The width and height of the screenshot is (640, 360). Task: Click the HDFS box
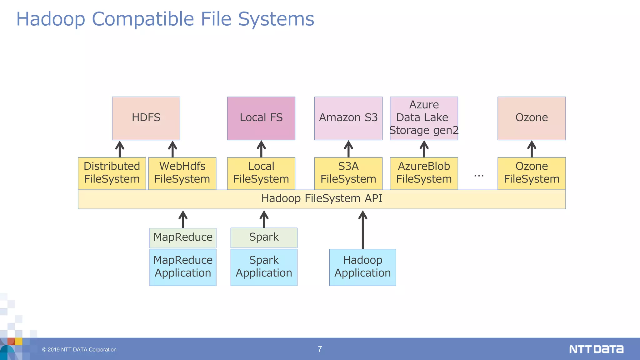146,118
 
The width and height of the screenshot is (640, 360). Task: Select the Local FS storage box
261,118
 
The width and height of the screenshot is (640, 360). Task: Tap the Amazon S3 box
348,118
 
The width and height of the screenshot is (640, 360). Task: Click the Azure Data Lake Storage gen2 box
424,118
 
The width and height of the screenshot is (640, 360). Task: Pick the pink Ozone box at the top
531,118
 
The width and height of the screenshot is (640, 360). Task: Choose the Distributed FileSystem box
112,173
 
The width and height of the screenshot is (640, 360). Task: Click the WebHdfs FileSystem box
182,173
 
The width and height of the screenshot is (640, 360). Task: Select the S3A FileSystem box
348,173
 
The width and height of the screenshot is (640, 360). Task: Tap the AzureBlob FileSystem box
424,173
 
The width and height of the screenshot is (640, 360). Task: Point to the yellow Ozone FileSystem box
531,173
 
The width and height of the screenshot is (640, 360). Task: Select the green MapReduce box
183,237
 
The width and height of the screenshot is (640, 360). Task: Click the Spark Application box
264,267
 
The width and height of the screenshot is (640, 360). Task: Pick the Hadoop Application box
362,267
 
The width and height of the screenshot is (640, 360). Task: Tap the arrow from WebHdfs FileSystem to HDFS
172,149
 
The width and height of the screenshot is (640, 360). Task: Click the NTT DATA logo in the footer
596,349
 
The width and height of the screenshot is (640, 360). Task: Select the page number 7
320,349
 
